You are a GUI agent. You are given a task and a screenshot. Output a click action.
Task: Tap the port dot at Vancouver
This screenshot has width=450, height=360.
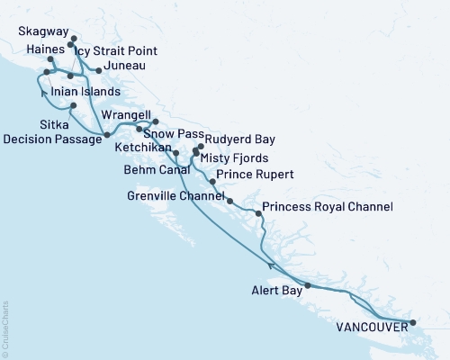(x=412, y=322)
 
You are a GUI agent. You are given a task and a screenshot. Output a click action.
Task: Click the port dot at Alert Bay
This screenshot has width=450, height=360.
(x=308, y=285)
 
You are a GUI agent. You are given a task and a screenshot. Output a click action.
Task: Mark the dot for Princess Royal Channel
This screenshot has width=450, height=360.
(x=259, y=213)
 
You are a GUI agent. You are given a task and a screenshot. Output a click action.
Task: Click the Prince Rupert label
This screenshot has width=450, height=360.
(x=256, y=175)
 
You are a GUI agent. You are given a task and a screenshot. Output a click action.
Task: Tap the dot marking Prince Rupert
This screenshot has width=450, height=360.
(x=212, y=182)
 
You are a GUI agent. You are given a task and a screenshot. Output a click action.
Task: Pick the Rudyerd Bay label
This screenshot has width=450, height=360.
(x=239, y=140)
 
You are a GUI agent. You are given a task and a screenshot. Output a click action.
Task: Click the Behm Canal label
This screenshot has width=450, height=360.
(x=156, y=168)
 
